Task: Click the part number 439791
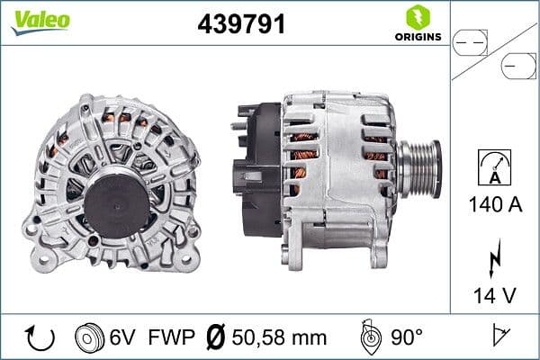pyautogui.click(x=241, y=24)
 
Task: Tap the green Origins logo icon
pyautogui.click(x=416, y=18)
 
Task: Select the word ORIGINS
pyautogui.click(x=416, y=38)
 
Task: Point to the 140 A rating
pyautogui.click(x=495, y=204)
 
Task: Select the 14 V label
pyautogui.click(x=495, y=294)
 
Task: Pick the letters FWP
pyautogui.click(x=170, y=337)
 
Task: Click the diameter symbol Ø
pyautogui.click(x=215, y=337)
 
